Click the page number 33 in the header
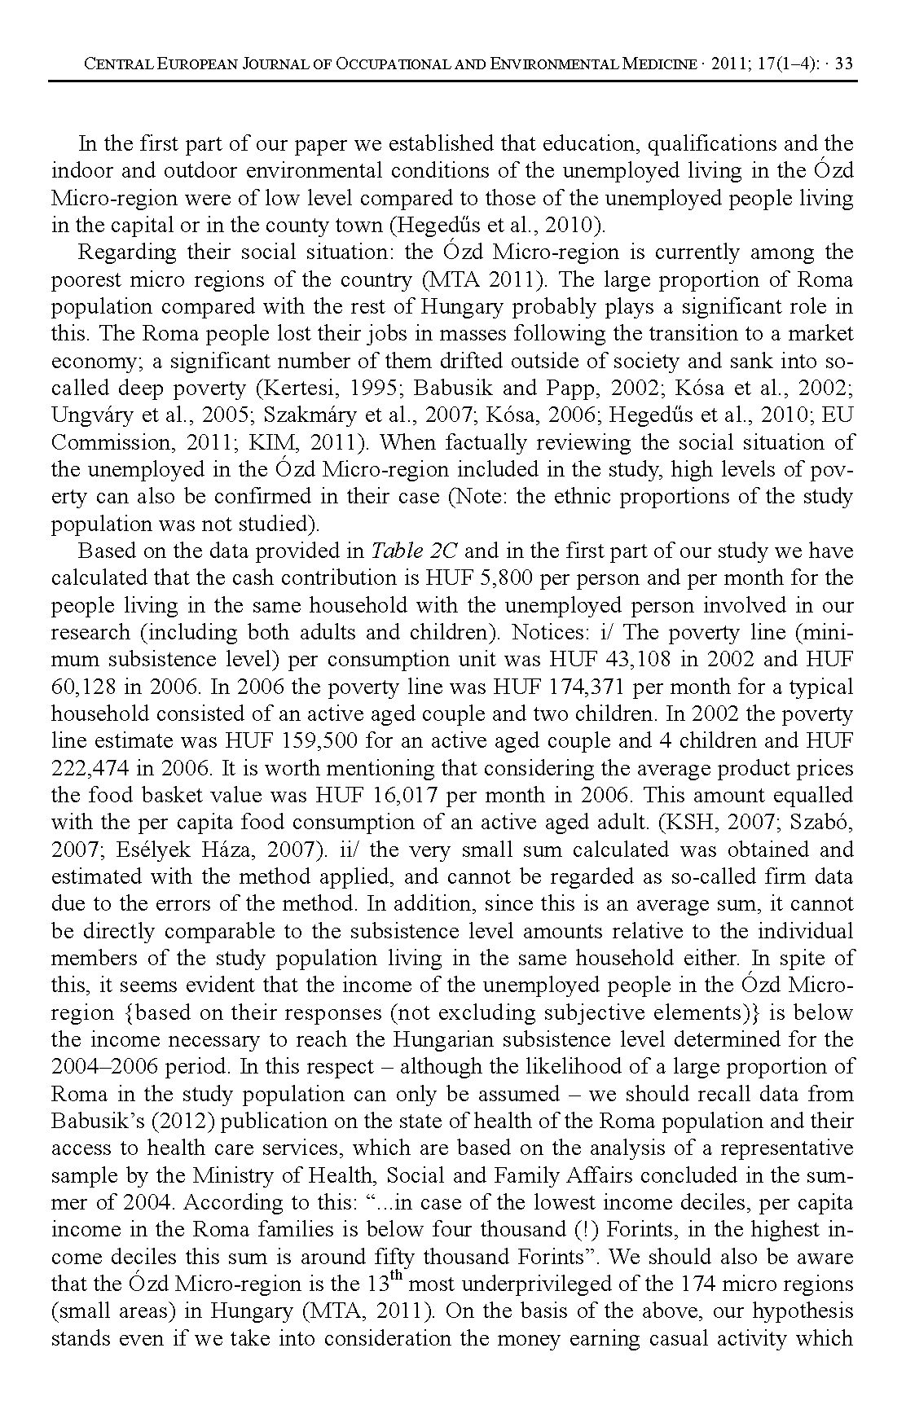(844, 64)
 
